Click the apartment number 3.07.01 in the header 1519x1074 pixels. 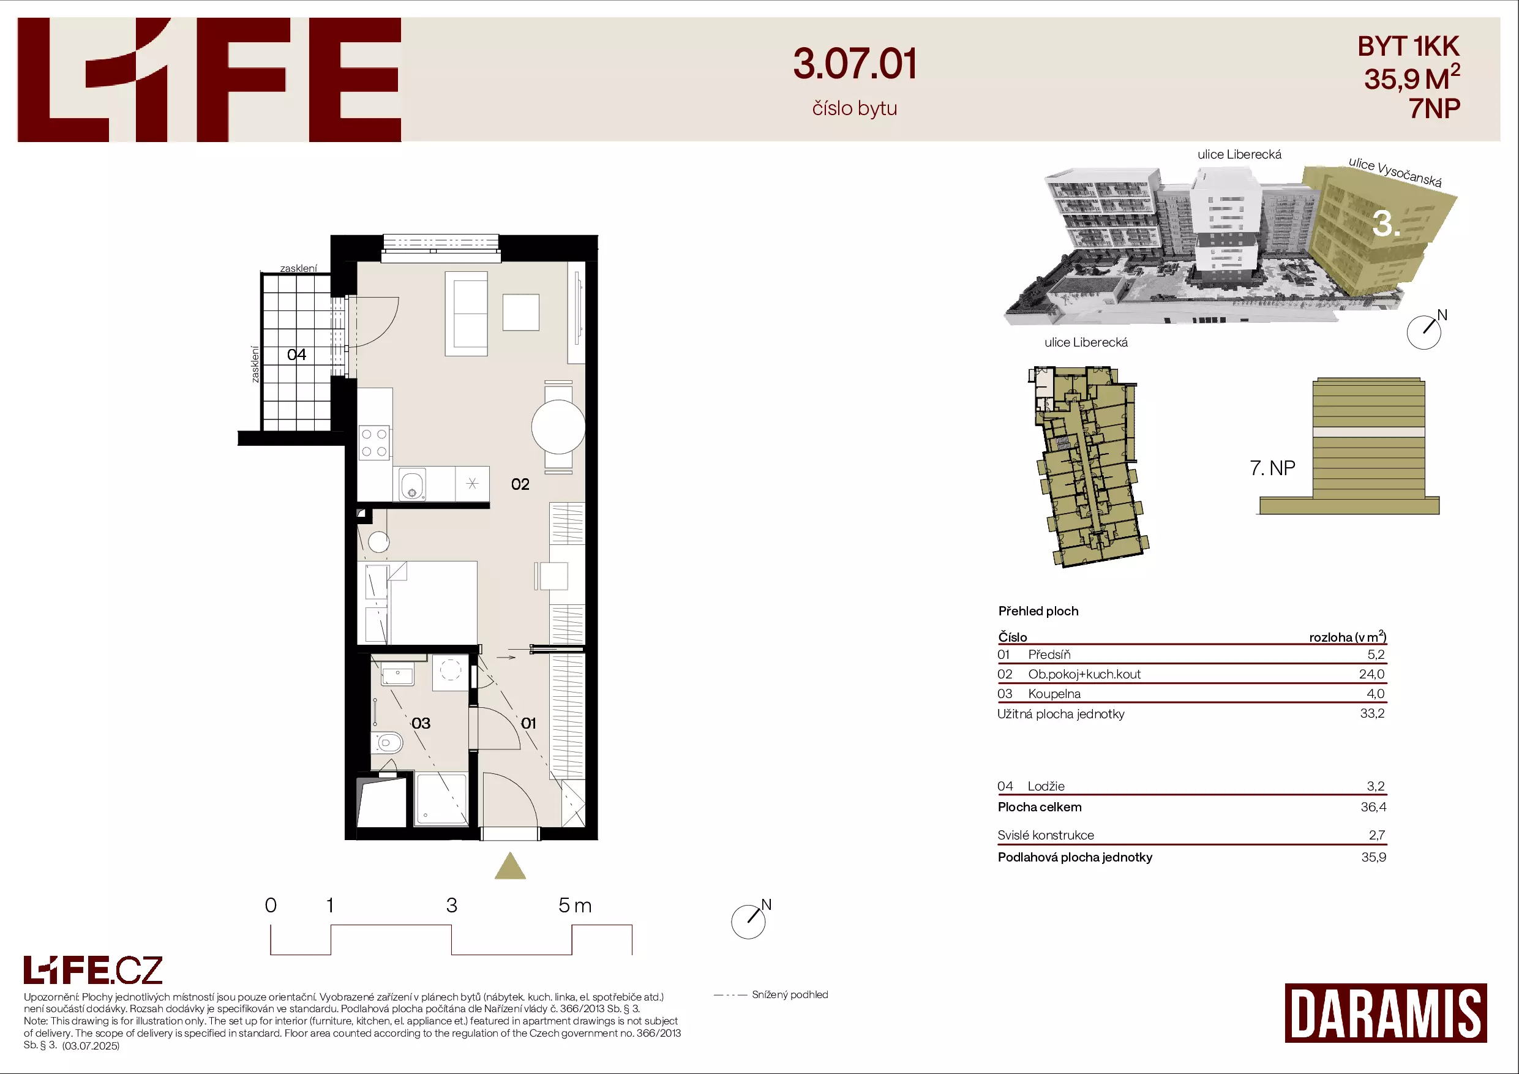(855, 64)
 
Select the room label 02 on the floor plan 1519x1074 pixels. (520, 484)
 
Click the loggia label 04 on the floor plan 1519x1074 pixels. (296, 355)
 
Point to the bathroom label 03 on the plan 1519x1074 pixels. (421, 723)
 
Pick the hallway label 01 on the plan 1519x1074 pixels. (528, 723)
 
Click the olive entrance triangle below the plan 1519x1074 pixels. (510, 866)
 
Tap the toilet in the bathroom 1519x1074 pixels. (388, 743)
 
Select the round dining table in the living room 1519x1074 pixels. (558, 427)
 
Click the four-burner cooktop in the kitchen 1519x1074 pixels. (374, 443)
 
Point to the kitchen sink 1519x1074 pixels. (412, 484)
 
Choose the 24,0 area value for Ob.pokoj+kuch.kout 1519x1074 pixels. (1371, 674)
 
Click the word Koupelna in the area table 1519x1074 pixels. (1054, 694)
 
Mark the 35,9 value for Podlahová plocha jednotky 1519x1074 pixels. (1373, 858)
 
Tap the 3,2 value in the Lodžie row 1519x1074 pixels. (1376, 787)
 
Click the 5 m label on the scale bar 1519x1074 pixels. (575, 905)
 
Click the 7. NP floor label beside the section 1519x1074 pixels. (1272, 468)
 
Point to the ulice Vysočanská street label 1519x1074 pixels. (1395, 172)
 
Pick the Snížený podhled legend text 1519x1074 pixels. (790, 994)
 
